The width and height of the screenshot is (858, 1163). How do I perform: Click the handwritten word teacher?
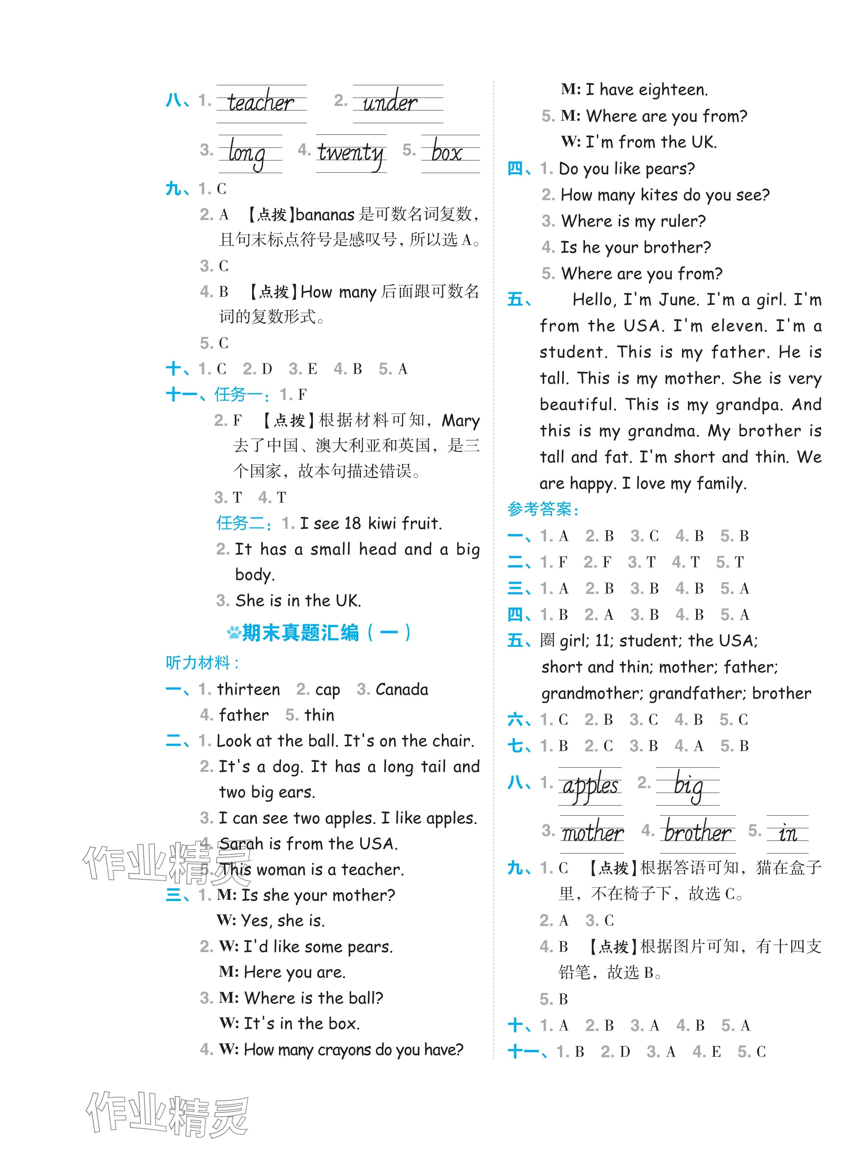261,102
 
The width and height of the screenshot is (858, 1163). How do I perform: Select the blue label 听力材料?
202,663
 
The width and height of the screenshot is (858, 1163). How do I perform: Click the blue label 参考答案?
542,509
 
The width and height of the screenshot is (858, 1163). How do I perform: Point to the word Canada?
402,689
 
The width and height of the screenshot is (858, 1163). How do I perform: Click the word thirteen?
249,689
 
